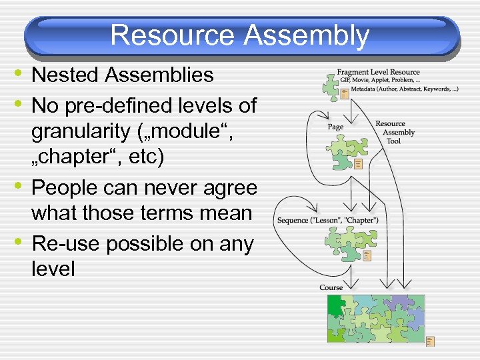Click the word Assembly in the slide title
[x=306, y=35]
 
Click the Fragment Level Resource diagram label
[x=378, y=72]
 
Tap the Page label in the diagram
[x=336, y=127]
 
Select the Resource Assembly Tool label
[x=394, y=132]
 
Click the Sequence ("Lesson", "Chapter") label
[x=327, y=221]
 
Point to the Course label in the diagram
[x=331, y=287]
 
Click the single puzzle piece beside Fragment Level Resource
[x=330, y=85]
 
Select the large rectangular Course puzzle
[x=376, y=318]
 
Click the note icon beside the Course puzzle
[x=430, y=341]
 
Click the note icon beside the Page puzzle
[x=359, y=164]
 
